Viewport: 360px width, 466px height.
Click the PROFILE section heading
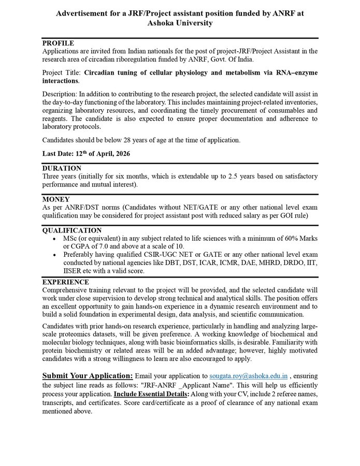pos(58,43)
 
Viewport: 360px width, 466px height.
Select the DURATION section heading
pos(62,168)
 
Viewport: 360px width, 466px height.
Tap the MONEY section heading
pos(56,199)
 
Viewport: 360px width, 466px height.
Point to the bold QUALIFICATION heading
pos(71,230)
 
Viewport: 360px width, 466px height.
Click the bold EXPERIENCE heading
pos(65,282)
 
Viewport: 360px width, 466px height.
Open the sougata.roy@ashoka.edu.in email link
pos(248,376)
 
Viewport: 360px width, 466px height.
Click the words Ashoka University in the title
pos(180,23)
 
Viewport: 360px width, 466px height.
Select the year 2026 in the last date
pos(122,154)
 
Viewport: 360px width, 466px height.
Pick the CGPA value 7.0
pos(103,246)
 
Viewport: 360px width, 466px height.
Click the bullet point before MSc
pos(55,238)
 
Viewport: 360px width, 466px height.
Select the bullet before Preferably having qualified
pos(55,255)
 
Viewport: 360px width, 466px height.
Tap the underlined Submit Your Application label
pos(88,375)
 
